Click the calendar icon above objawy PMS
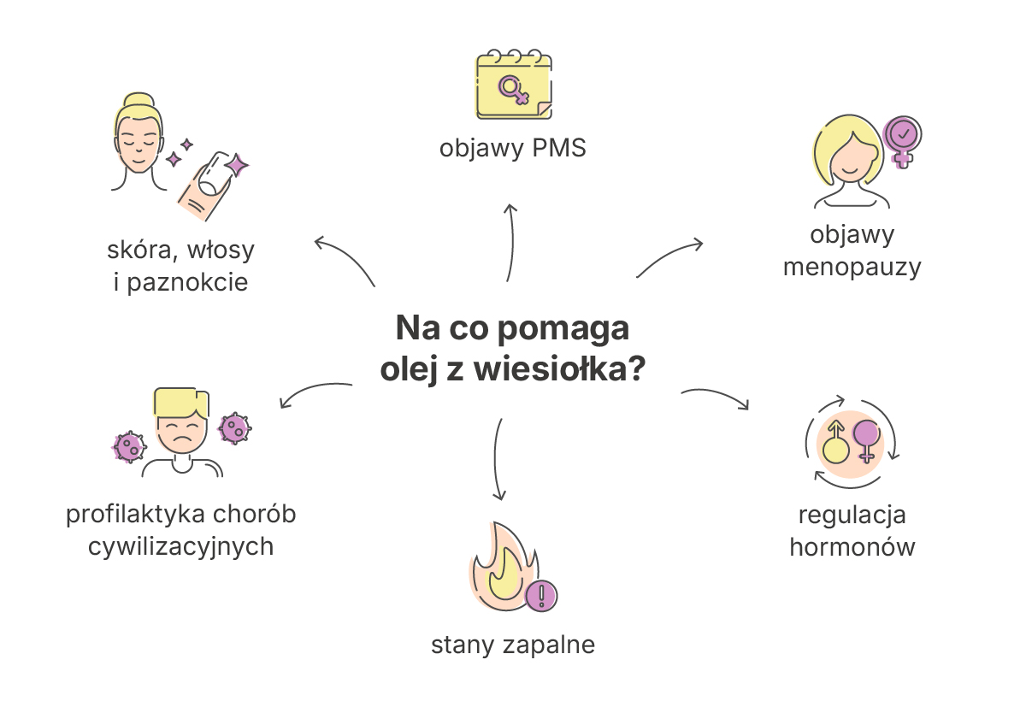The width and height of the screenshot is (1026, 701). pos(514,85)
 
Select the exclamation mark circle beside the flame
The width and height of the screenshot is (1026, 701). pos(541,596)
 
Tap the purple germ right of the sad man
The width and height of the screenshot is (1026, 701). pos(235,428)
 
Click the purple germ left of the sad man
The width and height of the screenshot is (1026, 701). pos(129,447)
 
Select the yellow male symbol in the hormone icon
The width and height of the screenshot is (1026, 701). pos(835,443)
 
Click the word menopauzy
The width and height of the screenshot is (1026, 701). pos(852,267)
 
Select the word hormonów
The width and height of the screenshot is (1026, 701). pos(852,546)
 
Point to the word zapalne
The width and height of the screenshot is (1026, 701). pos(549,645)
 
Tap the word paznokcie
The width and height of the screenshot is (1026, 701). pos(187,282)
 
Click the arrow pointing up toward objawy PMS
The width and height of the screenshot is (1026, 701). pos(511,242)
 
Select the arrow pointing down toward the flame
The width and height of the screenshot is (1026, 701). pos(497,459)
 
